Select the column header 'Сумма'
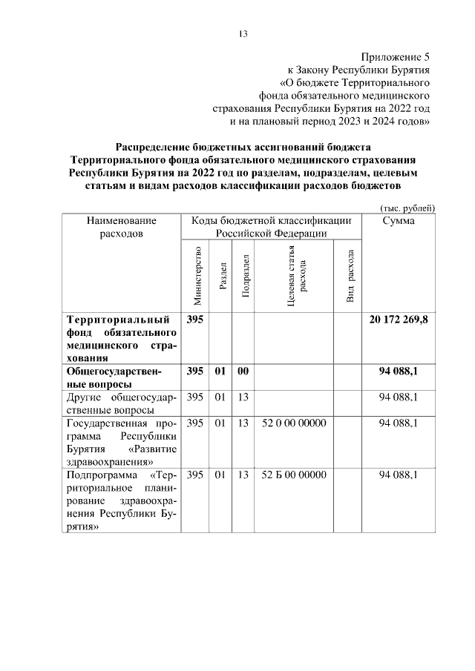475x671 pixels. click(398, 221)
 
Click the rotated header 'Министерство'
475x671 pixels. click(197, 275)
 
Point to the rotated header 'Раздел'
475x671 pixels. click(222, 275)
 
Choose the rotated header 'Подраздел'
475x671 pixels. click(245, 275)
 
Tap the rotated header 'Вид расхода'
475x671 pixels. click(350, 275)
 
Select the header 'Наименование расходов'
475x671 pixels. click(122, 227)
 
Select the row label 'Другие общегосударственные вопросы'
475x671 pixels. click(122, 403)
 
